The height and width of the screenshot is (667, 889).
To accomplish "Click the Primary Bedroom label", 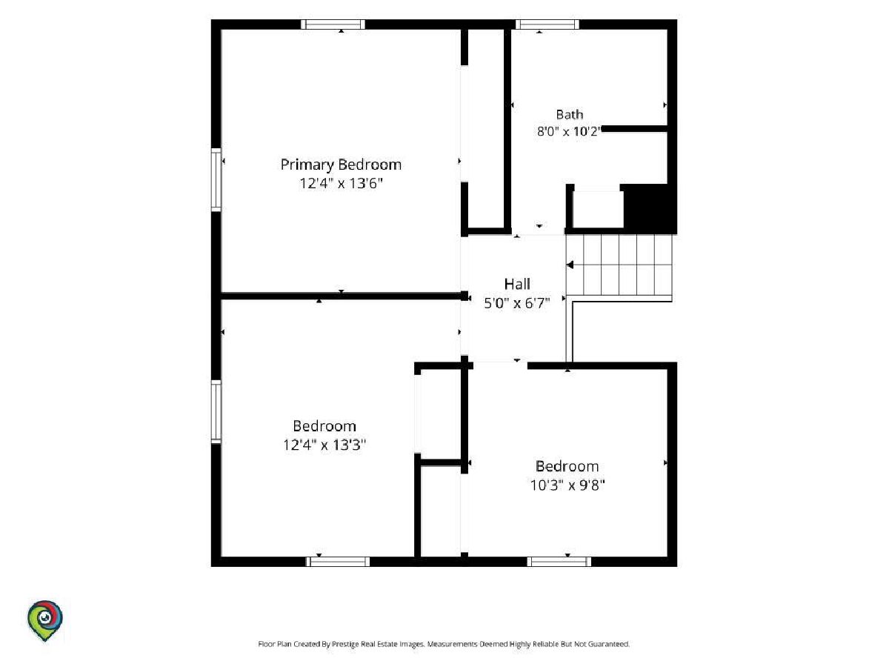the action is click(x=341, y=165).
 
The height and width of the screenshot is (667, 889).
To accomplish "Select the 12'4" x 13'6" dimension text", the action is click(x=341, y=184).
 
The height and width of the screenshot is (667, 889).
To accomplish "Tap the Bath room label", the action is click(x=570, y=115).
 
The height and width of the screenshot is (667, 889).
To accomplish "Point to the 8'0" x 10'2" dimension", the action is click(x=569, y=131).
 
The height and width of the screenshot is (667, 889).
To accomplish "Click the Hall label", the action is click(x=517, y=284).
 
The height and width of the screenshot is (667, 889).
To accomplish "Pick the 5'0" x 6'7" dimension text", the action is click(x=517, y=303).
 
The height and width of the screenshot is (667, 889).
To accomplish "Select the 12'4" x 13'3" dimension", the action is click(x=324, y=445).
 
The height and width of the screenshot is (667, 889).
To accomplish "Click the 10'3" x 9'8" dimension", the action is click(x=567, y=485).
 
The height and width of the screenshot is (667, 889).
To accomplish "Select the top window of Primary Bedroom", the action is click(x=333, y=24).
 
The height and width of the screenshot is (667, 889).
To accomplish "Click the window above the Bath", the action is click(x=547, y=24).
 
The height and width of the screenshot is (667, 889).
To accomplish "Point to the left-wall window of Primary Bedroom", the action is click(x=216, y=180).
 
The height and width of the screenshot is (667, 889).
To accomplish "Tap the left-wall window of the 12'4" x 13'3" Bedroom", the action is click(x=216, y=411).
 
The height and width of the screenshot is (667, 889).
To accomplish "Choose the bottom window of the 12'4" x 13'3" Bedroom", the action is click(x=337, y=561).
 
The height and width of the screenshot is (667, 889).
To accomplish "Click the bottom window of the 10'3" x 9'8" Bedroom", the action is click(x=559, y=561).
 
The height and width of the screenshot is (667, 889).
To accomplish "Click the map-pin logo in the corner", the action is click(x=45, y=620).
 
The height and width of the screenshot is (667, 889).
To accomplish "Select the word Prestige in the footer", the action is click(x=344, y=644).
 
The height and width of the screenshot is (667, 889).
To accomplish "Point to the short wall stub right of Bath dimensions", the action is click(x=635, y=129).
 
